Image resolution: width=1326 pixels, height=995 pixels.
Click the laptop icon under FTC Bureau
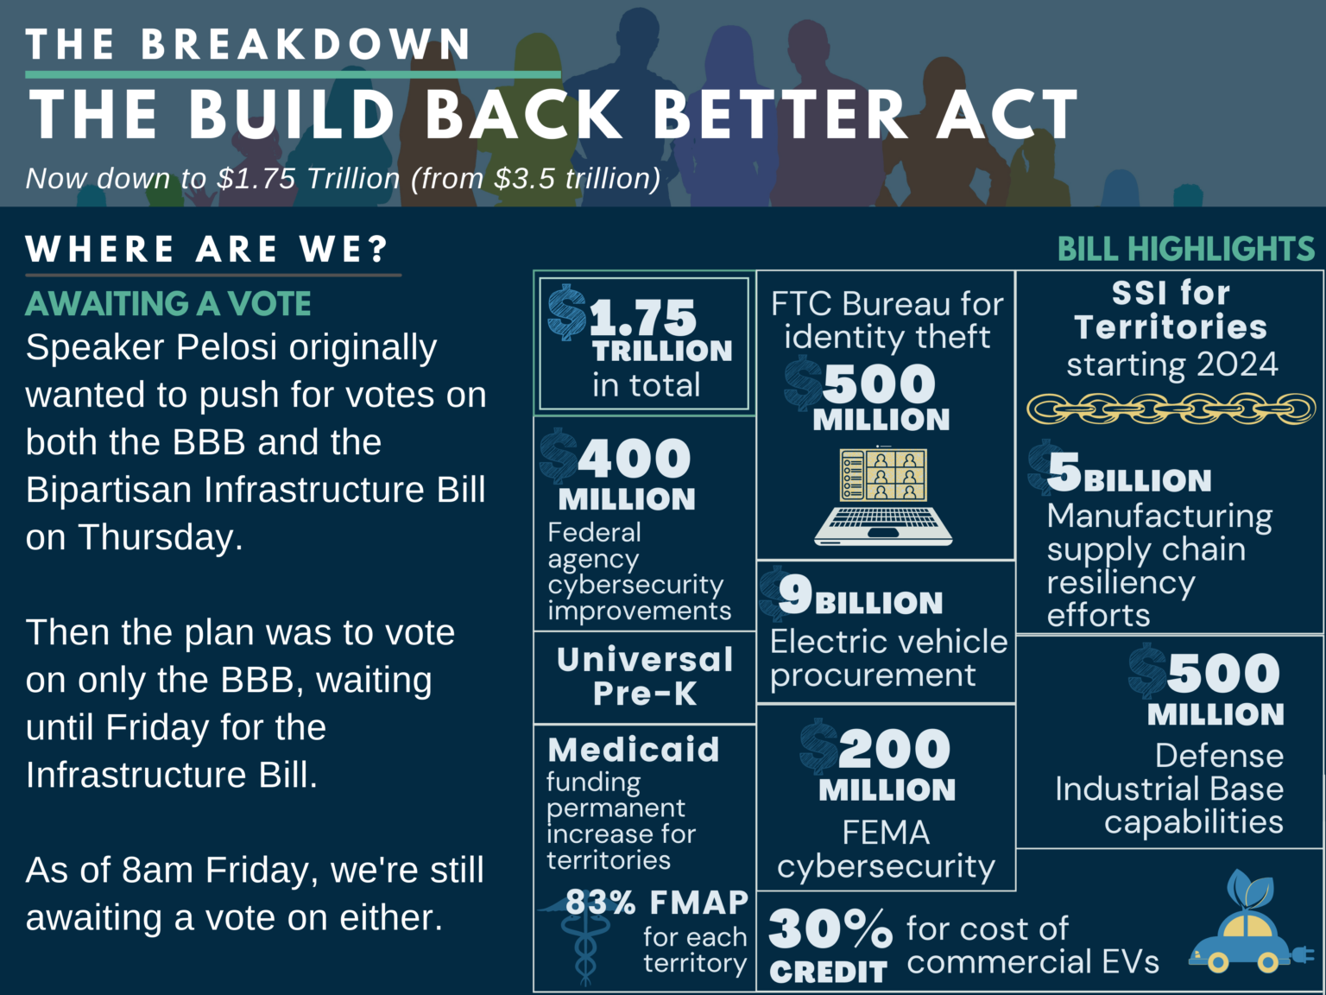pyautogui.click(x=882, y=496)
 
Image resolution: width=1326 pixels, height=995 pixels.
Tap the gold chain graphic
pyautogui.click(x=1171, y=408)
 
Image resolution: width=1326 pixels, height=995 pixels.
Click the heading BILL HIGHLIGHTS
pyautogui.click(x=1186, y=250)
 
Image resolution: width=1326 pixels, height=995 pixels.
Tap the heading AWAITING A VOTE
pyautogui.click(x=168, y=304)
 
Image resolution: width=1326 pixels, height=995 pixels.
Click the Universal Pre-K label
pyautogui.click(x=645, y=676)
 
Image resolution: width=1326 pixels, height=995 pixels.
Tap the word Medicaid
pyautogui.click(x=634, y=750)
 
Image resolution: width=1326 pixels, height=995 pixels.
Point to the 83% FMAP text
pyautogui.click(x=657, y=903)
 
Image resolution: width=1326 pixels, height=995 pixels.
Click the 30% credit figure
pyautogui.click(x=829, y=929)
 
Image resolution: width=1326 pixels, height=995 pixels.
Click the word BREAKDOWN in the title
pyautogui.click(x=306, y=45)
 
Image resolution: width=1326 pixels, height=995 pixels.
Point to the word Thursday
pyautogui.click(x=158, y=537)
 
